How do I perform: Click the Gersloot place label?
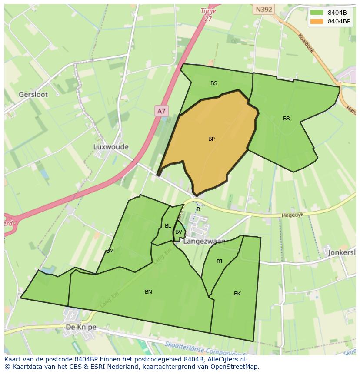[x=33, y=94]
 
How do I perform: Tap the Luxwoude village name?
[x=110, y=147]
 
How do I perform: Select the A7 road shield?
[x=161, y=111]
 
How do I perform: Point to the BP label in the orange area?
[x=211, y=139]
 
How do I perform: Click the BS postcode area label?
[x=214, y=83]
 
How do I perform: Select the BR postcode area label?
[x=286, y=119]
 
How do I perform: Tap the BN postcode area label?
[x=148, y=292]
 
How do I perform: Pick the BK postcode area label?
[x=237, y=294]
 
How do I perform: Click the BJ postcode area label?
[x=219, y=261]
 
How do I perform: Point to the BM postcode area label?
[x=110, y=251]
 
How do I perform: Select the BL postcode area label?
[x=168, y=226]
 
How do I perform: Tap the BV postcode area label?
[x=178, y=232]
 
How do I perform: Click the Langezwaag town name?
[x=204, y=242]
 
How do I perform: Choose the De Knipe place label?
[x=81, y=327]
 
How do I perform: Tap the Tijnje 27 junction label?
[x=208, y=14]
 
